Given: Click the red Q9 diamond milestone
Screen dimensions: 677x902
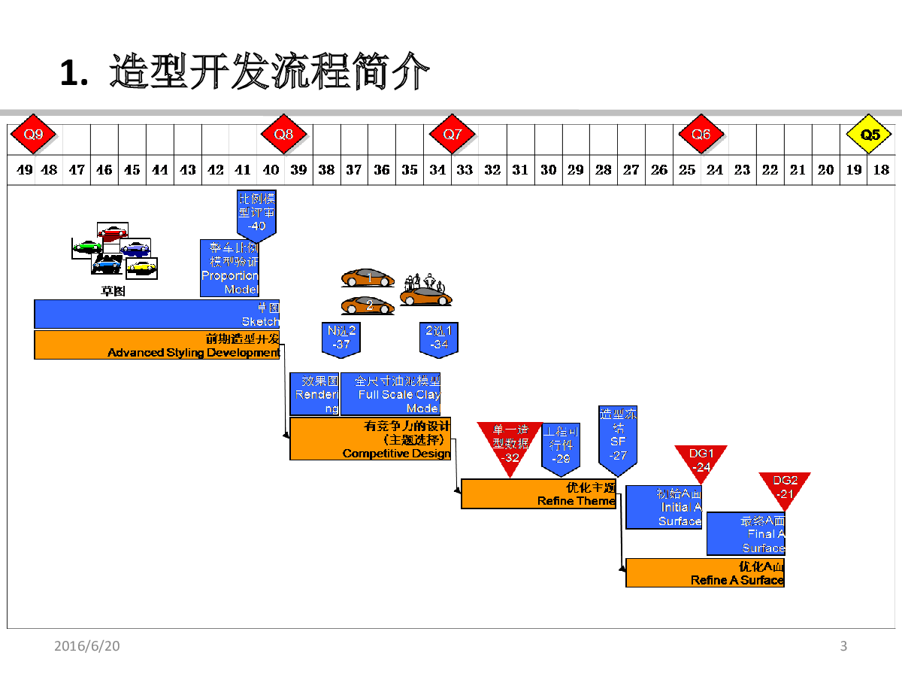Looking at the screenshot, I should pyautogui.click(x=34, y=135).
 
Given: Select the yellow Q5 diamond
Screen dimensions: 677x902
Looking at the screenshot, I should pyautogui.click(x=870, y=135).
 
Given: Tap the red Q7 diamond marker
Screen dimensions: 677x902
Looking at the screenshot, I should pyautogui.click(x=453, y=135).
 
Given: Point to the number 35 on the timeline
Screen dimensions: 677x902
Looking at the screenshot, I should pyautogui.click(x=410, y=170).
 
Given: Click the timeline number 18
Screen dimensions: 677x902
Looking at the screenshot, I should pyautogui.click(x=881, y=170).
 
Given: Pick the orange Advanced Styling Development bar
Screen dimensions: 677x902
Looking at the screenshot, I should pyautogui.click(x=157, y=345).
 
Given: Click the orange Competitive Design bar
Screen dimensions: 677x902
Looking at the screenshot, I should pyautogui.click(x=370, y=439).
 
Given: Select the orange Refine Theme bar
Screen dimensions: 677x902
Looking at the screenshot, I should pyautogui.click(x=538, y=493).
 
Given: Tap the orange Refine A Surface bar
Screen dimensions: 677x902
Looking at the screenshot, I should pyautogui.click(x=704, y=572).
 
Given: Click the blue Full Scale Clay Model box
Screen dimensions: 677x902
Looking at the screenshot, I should pyautogui.click(x=390, y=394).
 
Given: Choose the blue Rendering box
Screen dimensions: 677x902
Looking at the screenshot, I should pyautogui.click(x=314, y=394).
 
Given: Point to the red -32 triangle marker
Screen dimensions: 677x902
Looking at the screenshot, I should pyautogui.click(x=510, y=445).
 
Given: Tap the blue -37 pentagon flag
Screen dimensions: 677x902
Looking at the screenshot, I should pyautogui.click(x=341, y=338).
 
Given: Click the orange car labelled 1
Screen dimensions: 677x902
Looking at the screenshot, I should pyautogui.click(x=368, y=278).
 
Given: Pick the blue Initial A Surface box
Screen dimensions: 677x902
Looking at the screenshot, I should pyautogui.click(x=663, y=507).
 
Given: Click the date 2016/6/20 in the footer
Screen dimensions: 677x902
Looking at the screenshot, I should pyautogui.click(x=87, y=646).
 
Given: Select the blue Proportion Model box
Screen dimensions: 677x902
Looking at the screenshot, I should pyautogui.click(x=229, y=269).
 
